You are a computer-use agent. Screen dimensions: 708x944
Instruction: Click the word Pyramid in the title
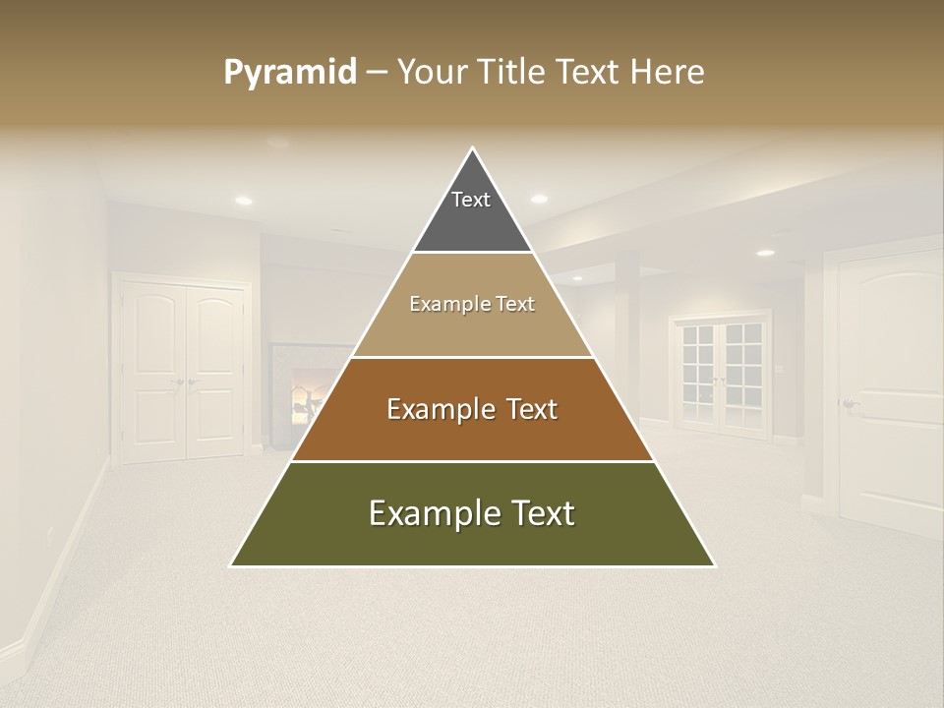tap(289, 72)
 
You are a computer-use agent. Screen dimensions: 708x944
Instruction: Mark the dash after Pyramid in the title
tap(376, 73)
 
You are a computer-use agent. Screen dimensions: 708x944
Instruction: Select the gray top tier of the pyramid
tap(472, 211)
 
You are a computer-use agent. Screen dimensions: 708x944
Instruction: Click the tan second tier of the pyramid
tap(472, 305)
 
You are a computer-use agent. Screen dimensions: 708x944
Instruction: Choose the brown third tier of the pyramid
tap(472, 409)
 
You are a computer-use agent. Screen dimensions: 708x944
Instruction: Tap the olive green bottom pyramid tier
tap(472, 514)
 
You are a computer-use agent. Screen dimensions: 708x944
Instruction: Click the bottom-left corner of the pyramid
tap(232, 565)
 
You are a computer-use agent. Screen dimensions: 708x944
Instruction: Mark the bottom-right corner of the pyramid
tap(714, 565)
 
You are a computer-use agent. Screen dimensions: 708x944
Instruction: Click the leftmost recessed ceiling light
tap(243, 201)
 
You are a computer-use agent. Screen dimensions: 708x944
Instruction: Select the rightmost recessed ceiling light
tap(765, 253)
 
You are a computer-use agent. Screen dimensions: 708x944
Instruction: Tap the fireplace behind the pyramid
tap(295, 393)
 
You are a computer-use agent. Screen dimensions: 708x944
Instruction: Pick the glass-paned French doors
tap(721, 374)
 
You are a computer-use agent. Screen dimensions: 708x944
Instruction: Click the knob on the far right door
tap(849, 404)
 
